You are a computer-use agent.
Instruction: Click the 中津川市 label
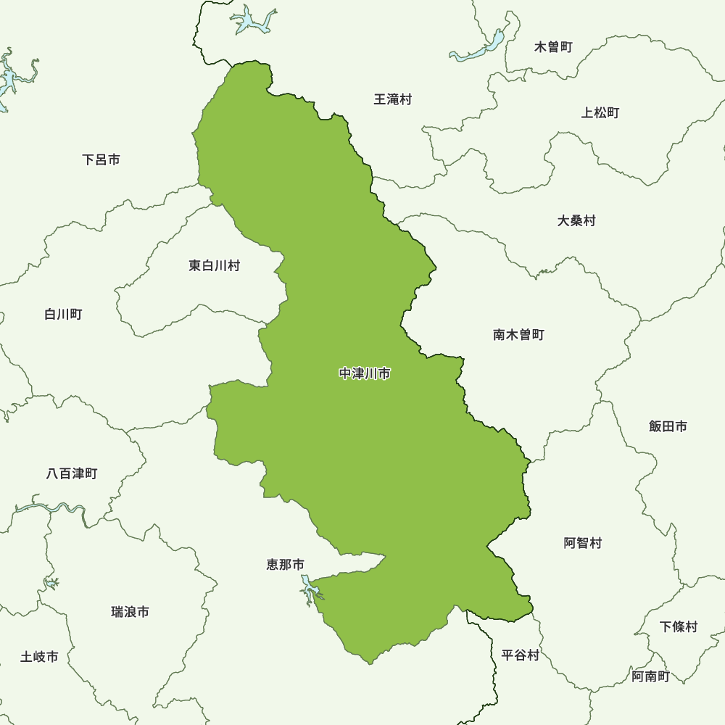pyautogui.click(x=365, y=374)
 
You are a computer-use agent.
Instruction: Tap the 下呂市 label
pyautogui.click(x=101, y=159)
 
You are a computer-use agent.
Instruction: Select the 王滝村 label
pyautogui.click(x=392, y=99)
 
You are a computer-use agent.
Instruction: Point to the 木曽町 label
pyautogui.click(x=553, y=47)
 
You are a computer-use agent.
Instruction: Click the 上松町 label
pyautogui.click(x=600, y=112)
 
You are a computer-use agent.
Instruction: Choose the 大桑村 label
pyautogui.click(x=576, y=220)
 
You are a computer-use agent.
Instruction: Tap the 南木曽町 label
pyautogui.click(x=518, y=335)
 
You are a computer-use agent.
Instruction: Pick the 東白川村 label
pyautogui.click(x=214, y=266)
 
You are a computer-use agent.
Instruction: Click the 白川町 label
pyautogui.click(x=63, y=314)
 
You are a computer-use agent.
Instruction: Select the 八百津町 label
pyautogui.click(x=71, y=473)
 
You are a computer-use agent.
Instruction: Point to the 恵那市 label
pyautogui.click(x=285, y=564)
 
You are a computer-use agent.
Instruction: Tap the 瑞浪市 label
pyautogui.click(x=130, y=612)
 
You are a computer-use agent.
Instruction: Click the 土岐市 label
pyautogui.click(x=39, y=657)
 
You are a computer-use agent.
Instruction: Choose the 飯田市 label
pyautogui.click(x=668, y=426)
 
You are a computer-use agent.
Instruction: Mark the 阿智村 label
pyautogui.click(x=582, y=543)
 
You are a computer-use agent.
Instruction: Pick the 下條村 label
pyautogui.click(x=679, y=626)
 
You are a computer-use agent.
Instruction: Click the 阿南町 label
pyautogui.click(x=650, y=676)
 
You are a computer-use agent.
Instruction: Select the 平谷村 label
pyautogui.click(x=520, y=655)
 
